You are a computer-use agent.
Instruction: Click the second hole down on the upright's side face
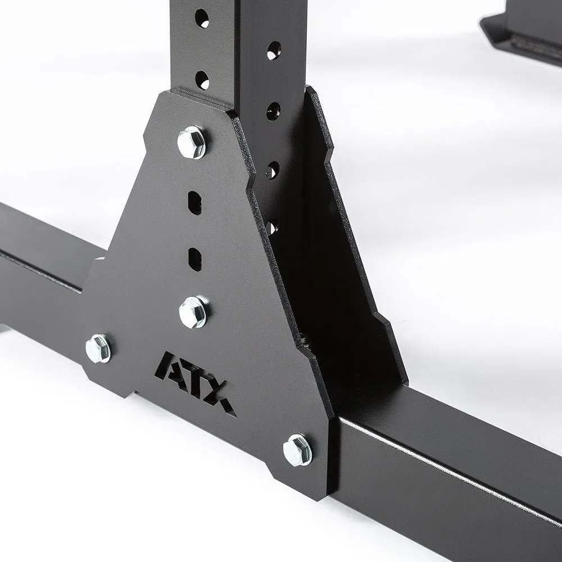point(274,110)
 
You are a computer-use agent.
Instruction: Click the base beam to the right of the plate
point(450,478)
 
